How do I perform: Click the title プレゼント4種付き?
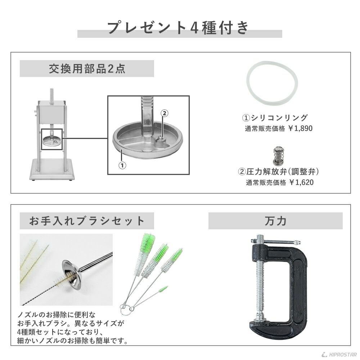pos(179,28)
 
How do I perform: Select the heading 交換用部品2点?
pos(87,69)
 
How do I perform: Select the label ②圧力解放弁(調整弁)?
pos(279,172)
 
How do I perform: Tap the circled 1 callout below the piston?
pos(122,166)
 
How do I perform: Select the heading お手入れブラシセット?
pos(87,221)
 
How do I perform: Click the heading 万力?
pos(275,221)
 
